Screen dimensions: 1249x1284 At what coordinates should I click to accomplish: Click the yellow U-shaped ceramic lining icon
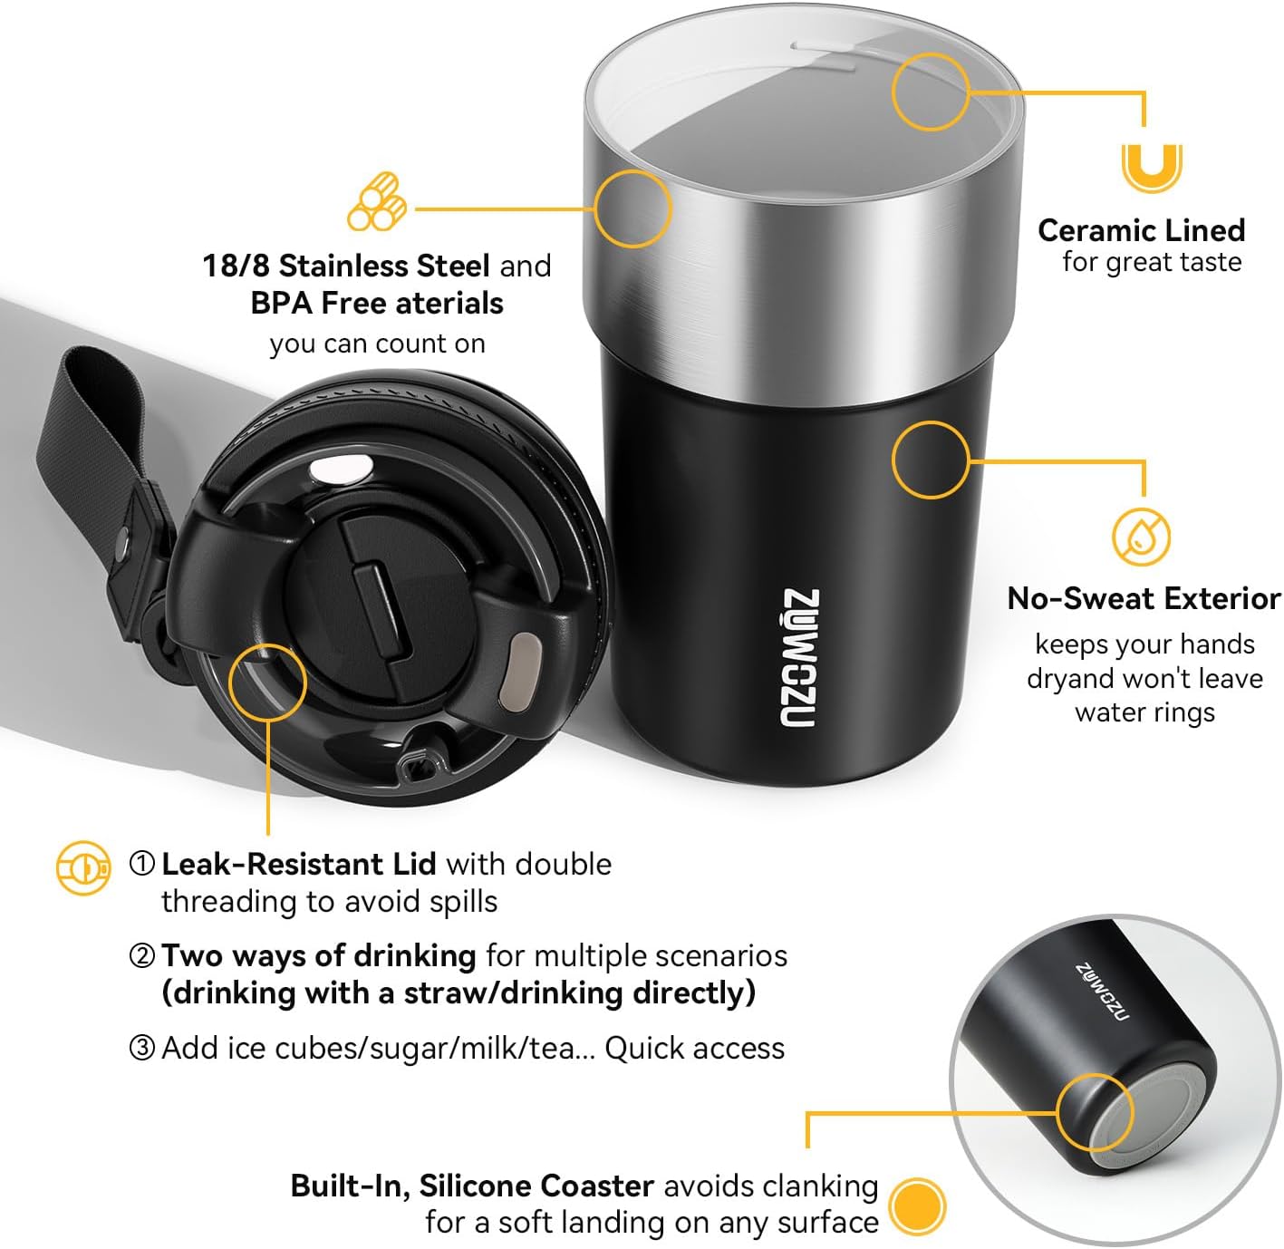tap(1151, 168)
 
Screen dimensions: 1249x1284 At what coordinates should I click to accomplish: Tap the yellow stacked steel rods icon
tap(376, 203)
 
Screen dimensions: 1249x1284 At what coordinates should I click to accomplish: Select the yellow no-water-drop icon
tap(1141, 537)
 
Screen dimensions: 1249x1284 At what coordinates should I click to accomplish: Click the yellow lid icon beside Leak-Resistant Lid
tap(82, 868)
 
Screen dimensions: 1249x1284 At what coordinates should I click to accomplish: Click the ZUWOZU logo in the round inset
tap(1103, 992)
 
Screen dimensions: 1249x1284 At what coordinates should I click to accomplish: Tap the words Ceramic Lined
tap(1141, 230)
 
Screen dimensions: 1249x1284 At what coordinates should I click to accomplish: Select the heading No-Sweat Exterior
tap(1144, 598)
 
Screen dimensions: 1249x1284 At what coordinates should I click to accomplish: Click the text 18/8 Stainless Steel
tap(346, 266)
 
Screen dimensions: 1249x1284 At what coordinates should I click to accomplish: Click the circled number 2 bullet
tap(142, 956)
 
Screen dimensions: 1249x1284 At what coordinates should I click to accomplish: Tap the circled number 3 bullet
tap(142, 1049)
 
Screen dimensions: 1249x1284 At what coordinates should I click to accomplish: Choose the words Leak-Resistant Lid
tap(298, 864)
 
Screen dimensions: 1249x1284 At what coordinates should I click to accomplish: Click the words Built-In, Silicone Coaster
tap(472, 1186)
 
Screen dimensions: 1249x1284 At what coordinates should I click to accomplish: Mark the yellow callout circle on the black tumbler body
tap(931, 460)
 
